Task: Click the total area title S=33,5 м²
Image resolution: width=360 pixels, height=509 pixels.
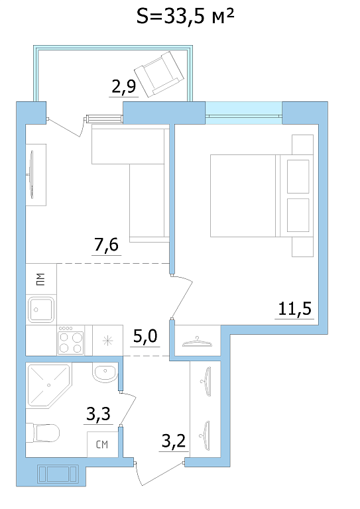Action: (x=185, y=16)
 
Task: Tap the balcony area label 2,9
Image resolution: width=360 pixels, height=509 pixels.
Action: (x=124, y=87)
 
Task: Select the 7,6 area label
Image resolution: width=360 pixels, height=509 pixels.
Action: (x=107, y=245)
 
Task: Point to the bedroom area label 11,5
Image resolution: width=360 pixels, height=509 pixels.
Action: (x=295, y=308)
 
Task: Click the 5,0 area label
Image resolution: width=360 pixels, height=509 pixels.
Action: (x=145, y=336)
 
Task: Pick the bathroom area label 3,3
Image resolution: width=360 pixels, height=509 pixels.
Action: (x=98, y=414)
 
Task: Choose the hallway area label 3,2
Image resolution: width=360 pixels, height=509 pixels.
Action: (x=174, y=441)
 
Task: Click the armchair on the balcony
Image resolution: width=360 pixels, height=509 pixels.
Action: (x=160, y=74)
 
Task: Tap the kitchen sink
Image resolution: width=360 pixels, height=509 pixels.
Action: (x=41, y=310)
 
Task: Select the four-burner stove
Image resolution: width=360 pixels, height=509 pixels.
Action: (x=71, y=340)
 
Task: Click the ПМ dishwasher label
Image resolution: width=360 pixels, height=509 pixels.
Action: (x=40, y=279)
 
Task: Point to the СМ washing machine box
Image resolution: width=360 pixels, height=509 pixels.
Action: (x=102, y=445)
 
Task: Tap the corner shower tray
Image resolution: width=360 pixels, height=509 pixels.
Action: (x=48, y=385)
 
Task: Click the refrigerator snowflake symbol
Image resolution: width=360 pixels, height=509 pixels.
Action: (x=107, y=341)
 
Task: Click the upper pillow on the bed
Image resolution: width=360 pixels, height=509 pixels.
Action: (x=298, y=176)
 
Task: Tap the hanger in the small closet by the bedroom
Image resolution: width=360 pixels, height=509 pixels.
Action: (x=197, y=341)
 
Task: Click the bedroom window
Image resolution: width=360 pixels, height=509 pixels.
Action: (x=244, y=113)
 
